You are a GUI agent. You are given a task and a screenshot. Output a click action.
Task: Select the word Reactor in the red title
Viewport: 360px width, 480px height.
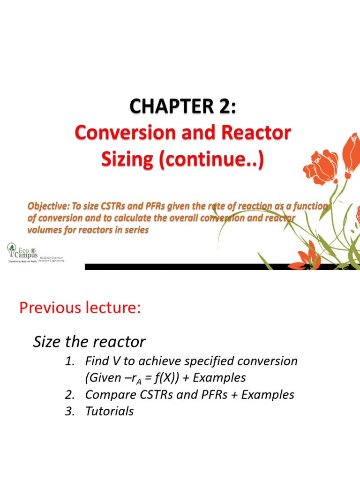pyautogui.click(x=255, y=133)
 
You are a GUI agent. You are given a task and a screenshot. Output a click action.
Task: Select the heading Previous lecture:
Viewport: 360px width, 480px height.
pyautogui.click(x=80, y=308)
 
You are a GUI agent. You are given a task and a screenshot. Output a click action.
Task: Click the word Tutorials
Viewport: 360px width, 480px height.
pyautogui.click(x=109, y=412)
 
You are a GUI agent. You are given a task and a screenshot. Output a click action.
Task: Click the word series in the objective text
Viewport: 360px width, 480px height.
pyautogui.click(x=134, y=230)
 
